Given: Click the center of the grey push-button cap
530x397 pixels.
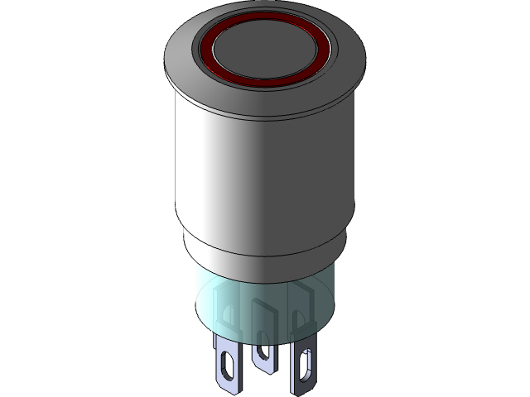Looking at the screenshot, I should click(x=265, y=49).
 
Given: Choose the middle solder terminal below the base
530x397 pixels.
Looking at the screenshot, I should click(x=263, y=351).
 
